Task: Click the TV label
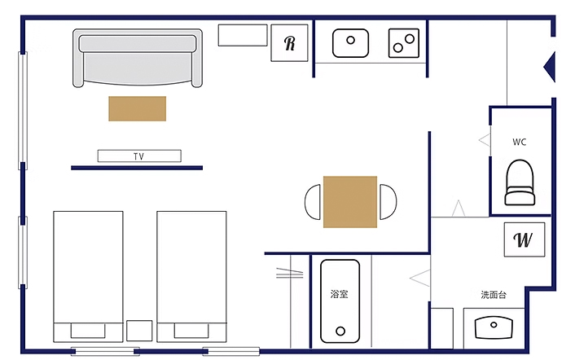(138, 156)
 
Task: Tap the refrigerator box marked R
(289, 43)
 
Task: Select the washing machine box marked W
(524, 239)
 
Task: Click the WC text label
(520, 142)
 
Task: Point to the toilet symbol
(520, 182)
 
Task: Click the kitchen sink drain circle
(350, 40)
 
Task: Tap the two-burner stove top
(404, 43)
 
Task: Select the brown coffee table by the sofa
(137, 108)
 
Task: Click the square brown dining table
(350, 202)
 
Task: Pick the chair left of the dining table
(313, 202)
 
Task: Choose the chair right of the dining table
(388, 202)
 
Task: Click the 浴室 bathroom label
(339, 294)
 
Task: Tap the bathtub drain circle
(340, 331)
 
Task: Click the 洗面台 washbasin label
(494, 295)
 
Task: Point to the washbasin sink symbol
(494, 327)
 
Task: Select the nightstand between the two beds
(139, 331)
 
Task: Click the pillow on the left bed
(88, 331)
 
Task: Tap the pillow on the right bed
(191, 331)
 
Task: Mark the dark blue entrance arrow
(549, 67)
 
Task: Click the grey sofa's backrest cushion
(138, 44)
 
